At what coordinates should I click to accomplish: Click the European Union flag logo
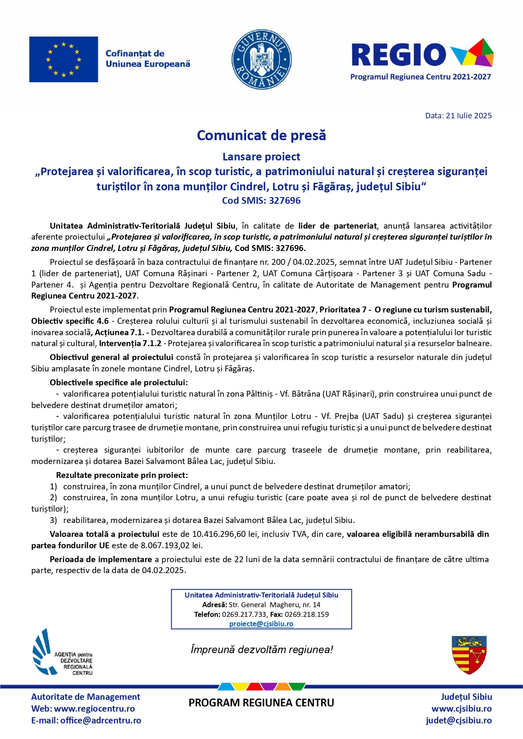pyautogui.click(x=63, y=59)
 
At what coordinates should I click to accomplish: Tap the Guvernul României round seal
pyautogui.click(x=261, y=59)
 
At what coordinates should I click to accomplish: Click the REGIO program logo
pyautogui.click(x=421, y=59)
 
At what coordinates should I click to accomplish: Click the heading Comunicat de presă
pyautogui.click(x=261, y=136)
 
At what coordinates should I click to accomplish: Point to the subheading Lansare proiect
pyautogui.click(x=261, y=157)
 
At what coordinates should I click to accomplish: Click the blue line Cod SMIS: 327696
pyautogui.click(x=261, y=200)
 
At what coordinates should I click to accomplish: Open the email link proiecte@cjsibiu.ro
pyautogui.click(x=261, y=624)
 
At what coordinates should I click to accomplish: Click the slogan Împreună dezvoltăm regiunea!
pyautogui.click(x=261, y=650)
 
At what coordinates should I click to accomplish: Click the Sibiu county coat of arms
pyautogui.click(x=469, y=655)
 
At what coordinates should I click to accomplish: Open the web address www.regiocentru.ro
pyautogui.click(x=94, y=709)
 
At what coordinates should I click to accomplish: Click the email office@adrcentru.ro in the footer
pyautogui.click(x=101, y=720)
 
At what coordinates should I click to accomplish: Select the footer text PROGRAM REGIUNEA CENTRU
pyautogui.click(x=261, y=703)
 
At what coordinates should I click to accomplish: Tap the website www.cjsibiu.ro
pyautogui.click(x=461, y=709)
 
